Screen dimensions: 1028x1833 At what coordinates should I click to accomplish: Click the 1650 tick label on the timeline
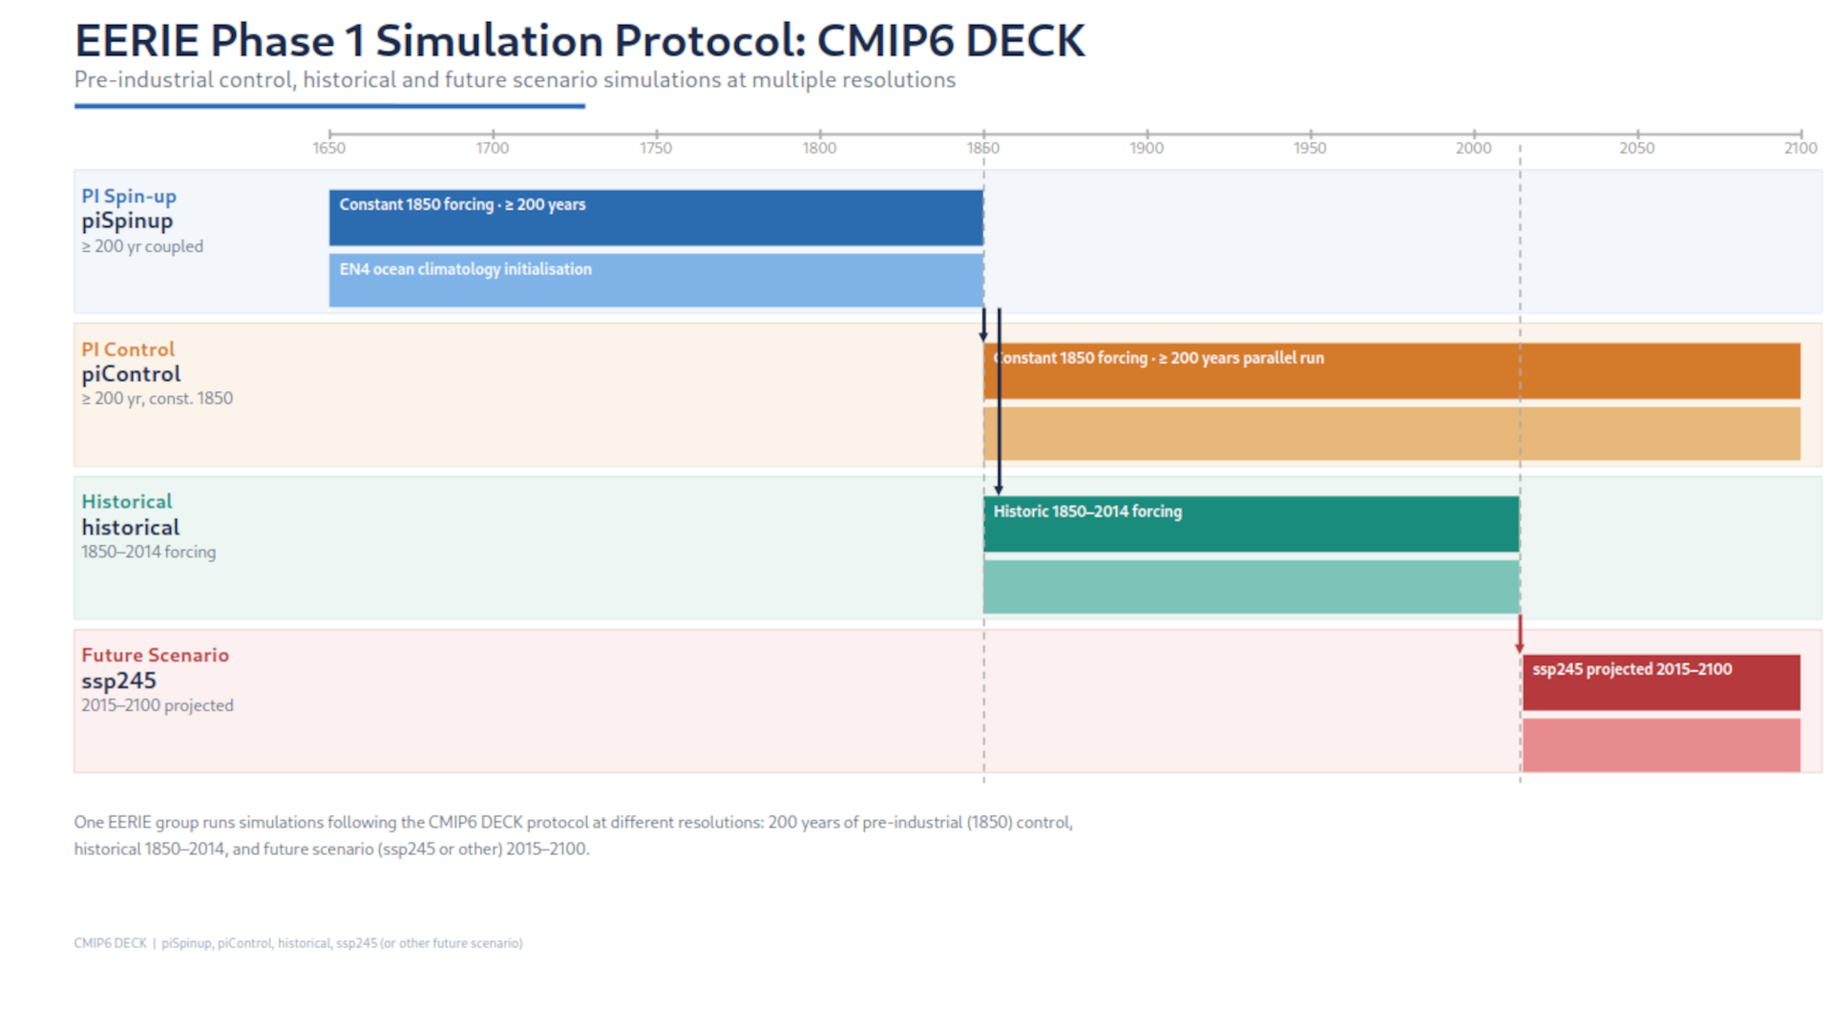[328, 148]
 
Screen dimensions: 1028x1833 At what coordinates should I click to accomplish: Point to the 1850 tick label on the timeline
[982, 148]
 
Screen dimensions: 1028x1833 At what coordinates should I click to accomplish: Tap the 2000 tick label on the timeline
[1472, 148]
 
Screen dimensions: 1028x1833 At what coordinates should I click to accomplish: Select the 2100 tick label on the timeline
[1800, 148]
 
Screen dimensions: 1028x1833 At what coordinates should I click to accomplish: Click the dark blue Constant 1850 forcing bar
[656, 218]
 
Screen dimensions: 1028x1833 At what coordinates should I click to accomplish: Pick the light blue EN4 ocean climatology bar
[656, 280]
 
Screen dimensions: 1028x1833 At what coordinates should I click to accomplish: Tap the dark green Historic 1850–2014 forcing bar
[1251, 524]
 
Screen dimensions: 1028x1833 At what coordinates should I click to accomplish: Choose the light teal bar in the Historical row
[1251, 586]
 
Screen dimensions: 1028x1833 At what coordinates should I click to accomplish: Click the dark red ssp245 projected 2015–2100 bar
[1660, 682]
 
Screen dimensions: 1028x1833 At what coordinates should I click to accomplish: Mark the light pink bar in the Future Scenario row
[1660, 745]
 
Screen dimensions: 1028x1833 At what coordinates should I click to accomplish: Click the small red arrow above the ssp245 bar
[1519, 636]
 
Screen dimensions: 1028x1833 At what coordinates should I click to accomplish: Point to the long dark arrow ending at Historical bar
[999, 401]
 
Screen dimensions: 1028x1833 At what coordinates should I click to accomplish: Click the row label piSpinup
[127, 221]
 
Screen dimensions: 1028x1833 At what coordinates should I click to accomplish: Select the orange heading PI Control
[128, 349]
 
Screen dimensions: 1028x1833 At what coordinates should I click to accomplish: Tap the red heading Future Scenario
[155, 655]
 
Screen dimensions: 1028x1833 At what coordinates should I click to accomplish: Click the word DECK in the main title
[1023, 41]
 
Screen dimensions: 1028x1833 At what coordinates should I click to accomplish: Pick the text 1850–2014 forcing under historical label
[148, 552]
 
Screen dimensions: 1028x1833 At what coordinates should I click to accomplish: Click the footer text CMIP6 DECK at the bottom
[110, 943]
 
